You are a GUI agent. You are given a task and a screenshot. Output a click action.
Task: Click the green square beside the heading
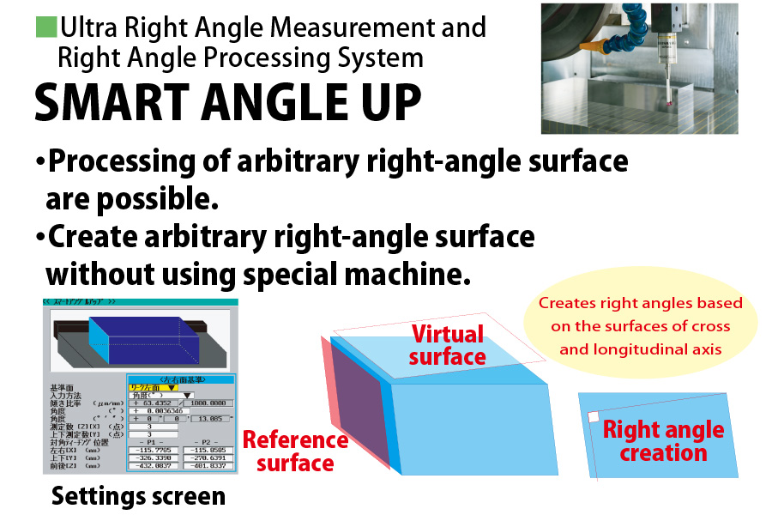pos(45,27)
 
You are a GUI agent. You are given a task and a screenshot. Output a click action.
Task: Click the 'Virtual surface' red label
pos(447,344)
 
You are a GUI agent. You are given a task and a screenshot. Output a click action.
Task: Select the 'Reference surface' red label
pos(295,451)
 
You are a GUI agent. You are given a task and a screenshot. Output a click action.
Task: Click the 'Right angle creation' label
pos(663,441)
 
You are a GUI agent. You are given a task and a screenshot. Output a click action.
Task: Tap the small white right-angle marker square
pos(593,416)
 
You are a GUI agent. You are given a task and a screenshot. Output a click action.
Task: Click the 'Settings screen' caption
pos(138,495)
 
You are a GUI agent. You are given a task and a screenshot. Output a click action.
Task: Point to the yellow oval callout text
pos(641,325)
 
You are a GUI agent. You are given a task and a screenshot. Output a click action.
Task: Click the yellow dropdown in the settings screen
pos(154,388)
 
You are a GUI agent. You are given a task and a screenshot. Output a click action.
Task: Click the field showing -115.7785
pos(154,450)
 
